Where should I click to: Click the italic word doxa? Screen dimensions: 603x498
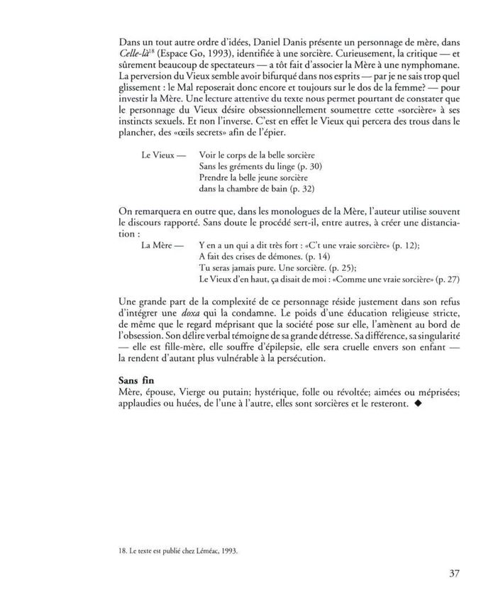click(x=206, y=315)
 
